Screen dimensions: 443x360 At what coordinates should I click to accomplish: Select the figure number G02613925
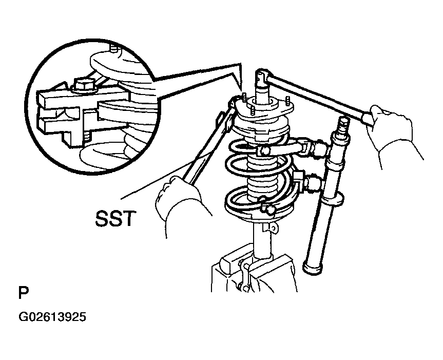tap(52, 317)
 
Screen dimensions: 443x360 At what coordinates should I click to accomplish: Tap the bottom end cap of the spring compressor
tap(313, 268)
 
